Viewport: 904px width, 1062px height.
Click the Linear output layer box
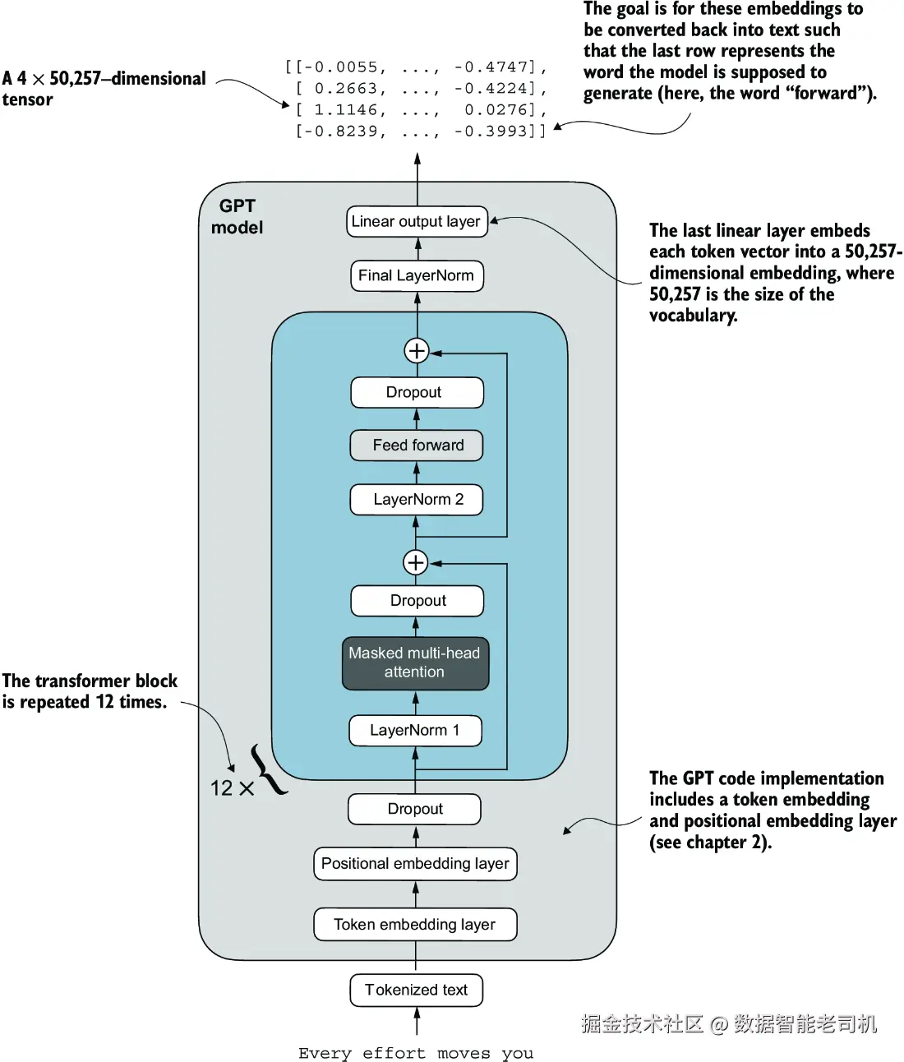pos(417,222)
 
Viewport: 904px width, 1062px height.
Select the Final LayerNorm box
pos(417,276)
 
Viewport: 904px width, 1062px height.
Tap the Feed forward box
pos(417,446)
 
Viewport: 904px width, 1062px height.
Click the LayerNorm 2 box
pos(417,500)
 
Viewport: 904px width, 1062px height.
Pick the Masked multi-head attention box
pos(415,663)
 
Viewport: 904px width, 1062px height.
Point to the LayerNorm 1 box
pos(415,731)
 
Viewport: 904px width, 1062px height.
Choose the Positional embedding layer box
pos(415,864)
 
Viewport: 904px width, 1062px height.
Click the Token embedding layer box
pos(415,925)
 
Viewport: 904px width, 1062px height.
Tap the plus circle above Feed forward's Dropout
pos(417,351)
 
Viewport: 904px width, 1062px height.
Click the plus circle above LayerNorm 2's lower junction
pos(416,562)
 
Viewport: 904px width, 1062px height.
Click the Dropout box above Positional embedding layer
pos(415,810)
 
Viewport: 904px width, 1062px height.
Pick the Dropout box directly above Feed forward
pos(417,393)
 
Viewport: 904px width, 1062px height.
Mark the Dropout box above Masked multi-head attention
pos(417,601)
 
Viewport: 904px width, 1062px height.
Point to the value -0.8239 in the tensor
pos(345,132)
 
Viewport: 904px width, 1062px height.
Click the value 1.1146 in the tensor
pos(345,110)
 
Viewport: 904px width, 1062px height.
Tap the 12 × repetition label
pos(231,788)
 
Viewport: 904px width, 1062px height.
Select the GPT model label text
pos(237,217)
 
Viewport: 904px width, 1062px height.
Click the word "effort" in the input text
pos(394,1053)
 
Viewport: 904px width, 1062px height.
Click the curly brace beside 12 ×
pos(269,770)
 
